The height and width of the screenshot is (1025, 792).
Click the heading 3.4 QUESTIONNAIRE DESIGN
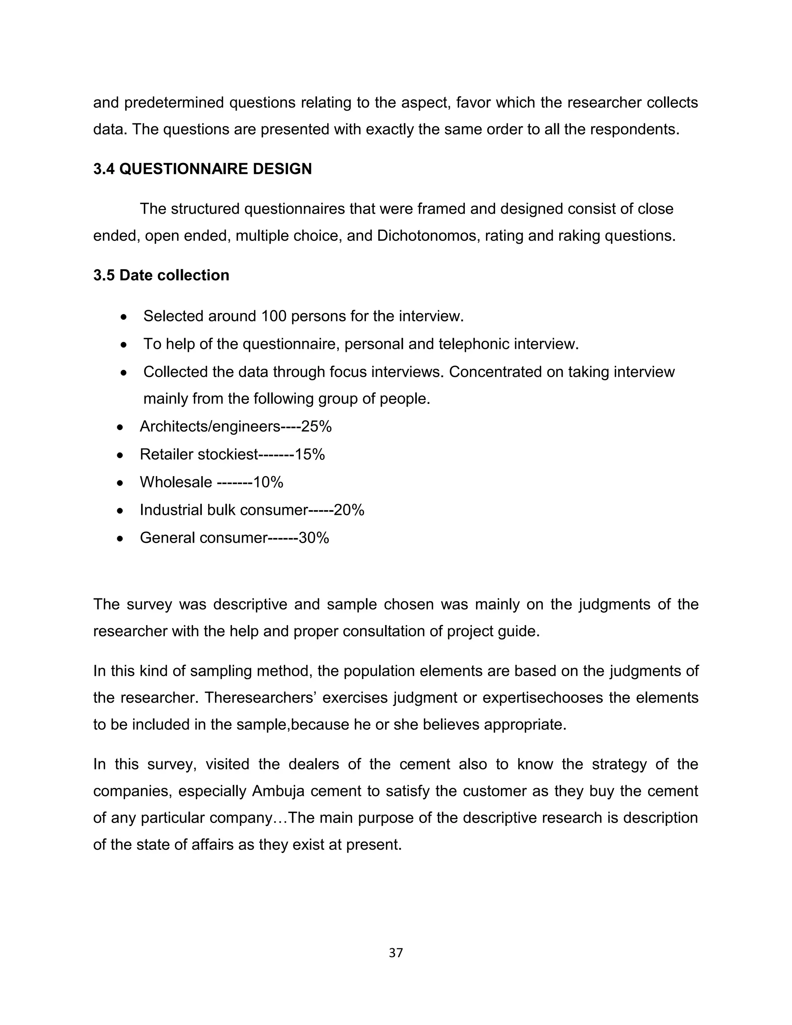202,169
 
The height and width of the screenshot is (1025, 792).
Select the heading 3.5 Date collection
161,275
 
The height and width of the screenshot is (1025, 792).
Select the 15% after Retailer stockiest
310,454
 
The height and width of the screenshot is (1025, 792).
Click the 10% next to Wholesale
268,482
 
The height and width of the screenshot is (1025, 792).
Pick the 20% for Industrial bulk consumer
349,510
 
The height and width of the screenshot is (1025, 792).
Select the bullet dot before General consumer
120,538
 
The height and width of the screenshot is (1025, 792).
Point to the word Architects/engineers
210,427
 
